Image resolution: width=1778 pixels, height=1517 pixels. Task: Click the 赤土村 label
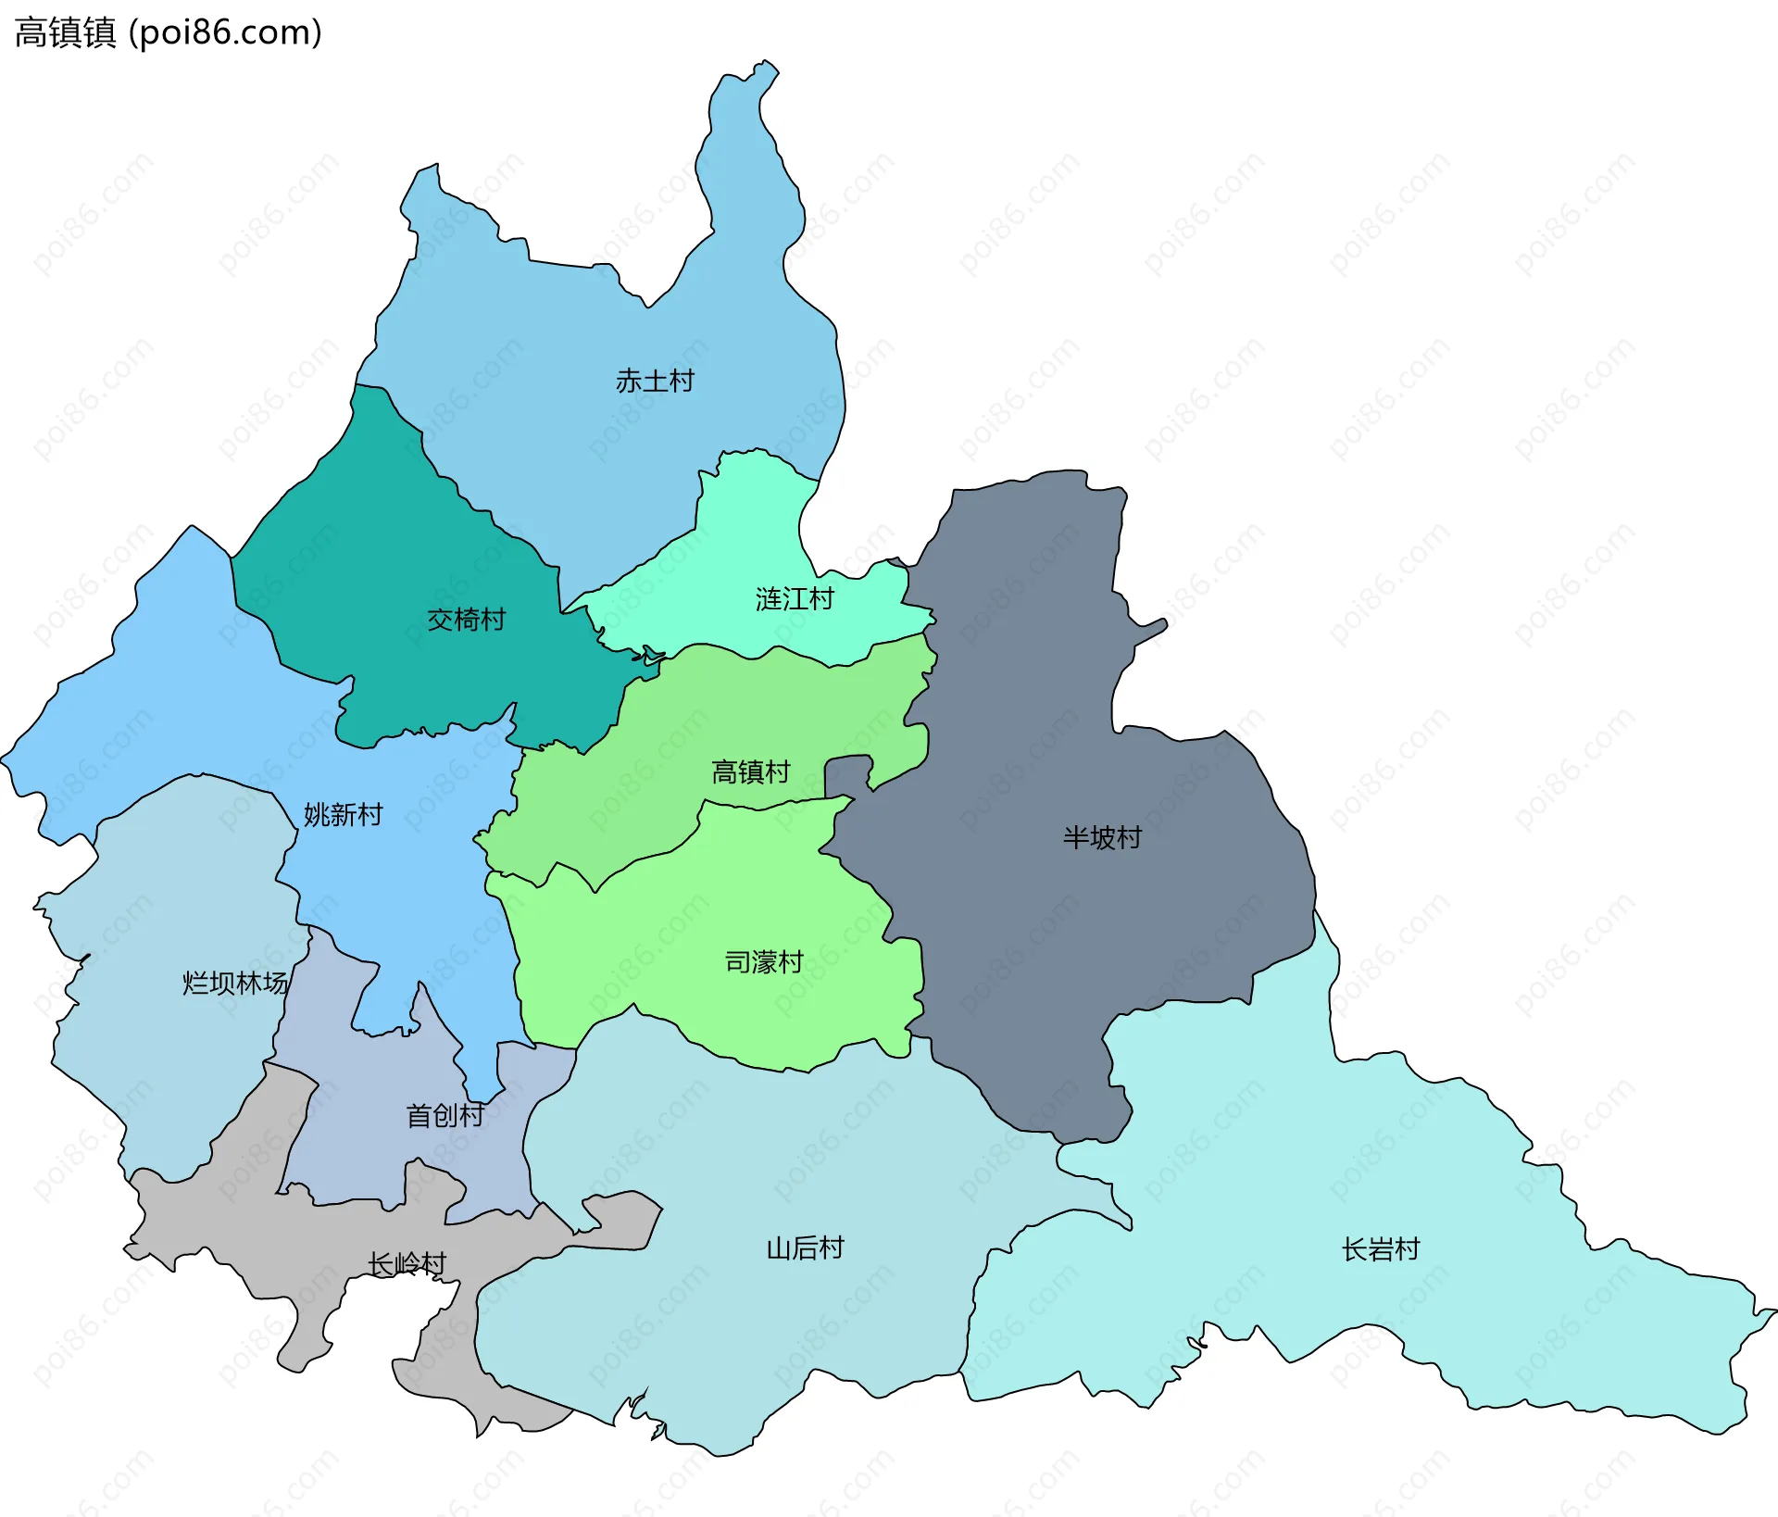(x=655, y=381)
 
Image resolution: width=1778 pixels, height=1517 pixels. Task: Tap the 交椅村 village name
(x=466, y=620)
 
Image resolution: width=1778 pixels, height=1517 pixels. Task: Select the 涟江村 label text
(x=795, y=599)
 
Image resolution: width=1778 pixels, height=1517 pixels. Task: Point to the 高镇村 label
(x=750, y=771)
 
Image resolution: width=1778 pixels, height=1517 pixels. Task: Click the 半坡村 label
(x=1102, y=838)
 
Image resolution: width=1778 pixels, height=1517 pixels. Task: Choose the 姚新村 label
(x=343, y=815)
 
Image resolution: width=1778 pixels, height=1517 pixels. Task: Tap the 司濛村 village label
(x=763, y=962)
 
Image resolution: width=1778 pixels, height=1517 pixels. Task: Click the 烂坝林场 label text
(x=235, y=983)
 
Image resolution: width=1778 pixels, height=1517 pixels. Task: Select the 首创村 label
(x=445, y=1115)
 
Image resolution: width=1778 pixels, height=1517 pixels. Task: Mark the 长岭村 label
(x=407, y=1264)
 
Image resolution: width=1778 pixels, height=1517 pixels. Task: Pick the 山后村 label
(x=805, y=1248)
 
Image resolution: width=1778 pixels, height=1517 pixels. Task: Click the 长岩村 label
(x=1380, y=1249)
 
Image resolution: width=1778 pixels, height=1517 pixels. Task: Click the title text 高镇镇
(x=65, y=32)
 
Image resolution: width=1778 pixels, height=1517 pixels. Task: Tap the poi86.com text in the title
(x=226, y=32)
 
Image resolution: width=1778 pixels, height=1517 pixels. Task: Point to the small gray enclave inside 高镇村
(x=847, y=775)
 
